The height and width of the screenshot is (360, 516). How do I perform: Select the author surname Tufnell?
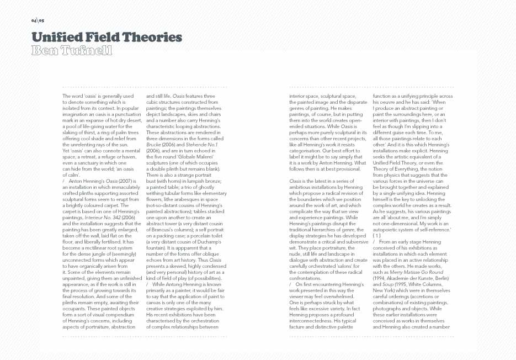[87, 51]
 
